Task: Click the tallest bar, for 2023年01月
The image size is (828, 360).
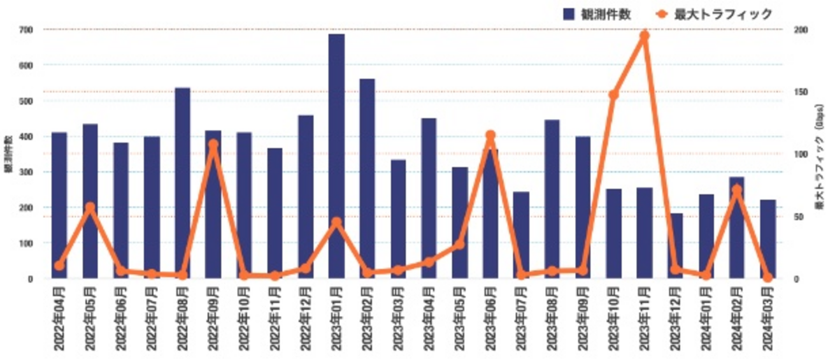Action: (x=336, y=156)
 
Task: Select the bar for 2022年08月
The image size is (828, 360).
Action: (x=182, y=183)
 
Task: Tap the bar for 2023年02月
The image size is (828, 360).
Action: (x=367, y=178)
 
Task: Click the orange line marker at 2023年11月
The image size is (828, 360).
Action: (x=644, y=36)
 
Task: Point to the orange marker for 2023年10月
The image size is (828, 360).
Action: (x=613, y=95)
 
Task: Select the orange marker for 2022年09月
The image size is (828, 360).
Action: (x=213, y=145)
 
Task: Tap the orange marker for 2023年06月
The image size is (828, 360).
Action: (x=490, y=136)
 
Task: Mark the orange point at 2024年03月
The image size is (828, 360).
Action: (x=767, y=277)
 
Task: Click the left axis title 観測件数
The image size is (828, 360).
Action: (x=8, y=154)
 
